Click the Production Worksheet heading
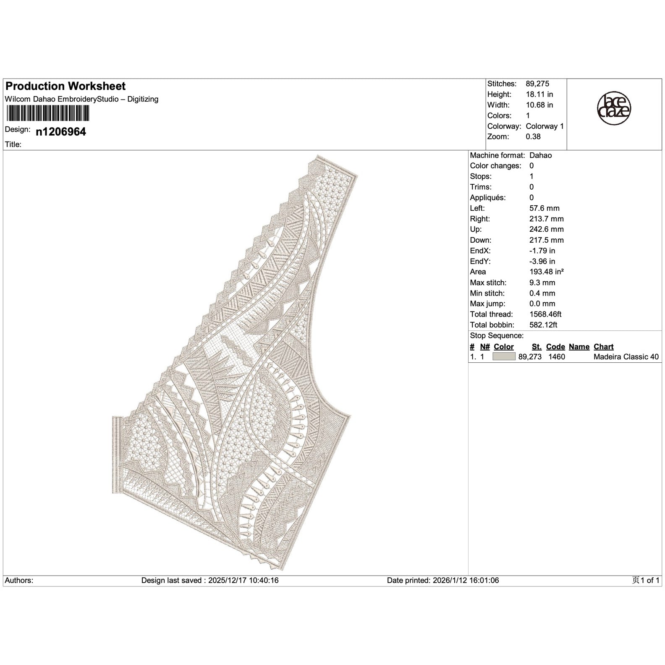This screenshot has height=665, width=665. click(65, 86)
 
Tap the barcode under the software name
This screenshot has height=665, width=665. click(47, 113)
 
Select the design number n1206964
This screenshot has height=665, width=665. click(61, 132)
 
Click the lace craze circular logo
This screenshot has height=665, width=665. click(614, 108)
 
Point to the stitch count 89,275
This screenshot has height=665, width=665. click(537, 84)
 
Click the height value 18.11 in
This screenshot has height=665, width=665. click(539, 94)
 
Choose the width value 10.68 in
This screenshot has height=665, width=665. click(539, 105)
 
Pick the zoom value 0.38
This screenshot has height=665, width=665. click(533, 137)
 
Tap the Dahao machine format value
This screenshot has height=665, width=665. click(541, 155)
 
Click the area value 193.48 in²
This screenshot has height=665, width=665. click(547, 272)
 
